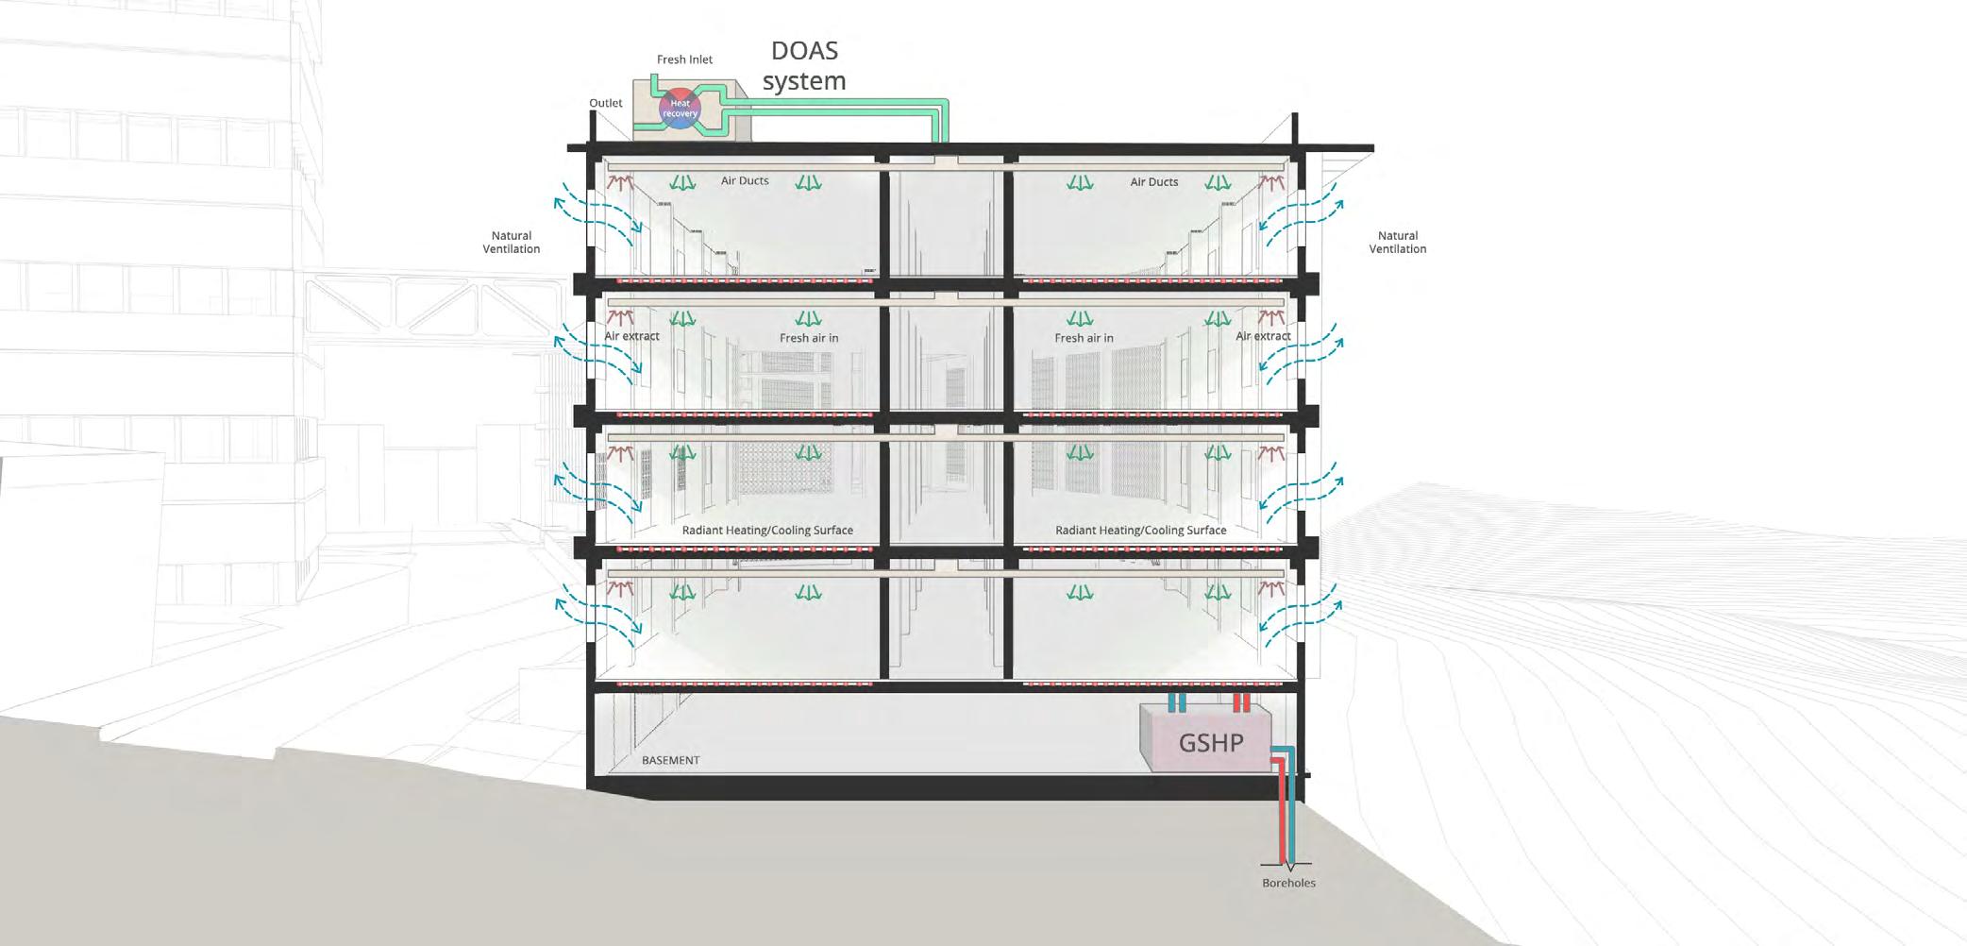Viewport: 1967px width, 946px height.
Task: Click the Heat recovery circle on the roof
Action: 680,109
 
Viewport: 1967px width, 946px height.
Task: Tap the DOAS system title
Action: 804,65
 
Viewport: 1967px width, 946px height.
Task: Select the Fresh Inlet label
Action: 684,59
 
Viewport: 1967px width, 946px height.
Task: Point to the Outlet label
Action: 606,103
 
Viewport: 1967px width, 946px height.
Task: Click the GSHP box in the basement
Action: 1210,742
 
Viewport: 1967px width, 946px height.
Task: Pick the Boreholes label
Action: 1288,883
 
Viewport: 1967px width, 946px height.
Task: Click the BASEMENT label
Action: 670,760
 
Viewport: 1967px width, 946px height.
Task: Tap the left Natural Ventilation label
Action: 512,243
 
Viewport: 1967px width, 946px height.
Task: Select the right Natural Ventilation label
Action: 1397,243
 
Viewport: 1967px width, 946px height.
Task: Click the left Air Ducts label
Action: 745,180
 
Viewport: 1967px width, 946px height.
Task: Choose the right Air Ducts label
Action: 1153,181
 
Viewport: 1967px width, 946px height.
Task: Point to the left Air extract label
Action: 631,336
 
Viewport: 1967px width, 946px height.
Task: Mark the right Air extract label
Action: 1263,336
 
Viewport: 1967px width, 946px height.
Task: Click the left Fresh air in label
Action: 808,338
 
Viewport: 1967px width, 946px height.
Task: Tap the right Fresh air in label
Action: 1084,338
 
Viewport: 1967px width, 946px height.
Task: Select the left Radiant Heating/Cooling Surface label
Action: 767,531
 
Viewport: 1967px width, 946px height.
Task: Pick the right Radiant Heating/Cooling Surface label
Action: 1140,531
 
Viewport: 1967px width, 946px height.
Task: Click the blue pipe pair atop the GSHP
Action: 1177,702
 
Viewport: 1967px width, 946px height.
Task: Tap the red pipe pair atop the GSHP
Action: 1241,702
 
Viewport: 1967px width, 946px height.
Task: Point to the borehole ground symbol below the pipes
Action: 1288,865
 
